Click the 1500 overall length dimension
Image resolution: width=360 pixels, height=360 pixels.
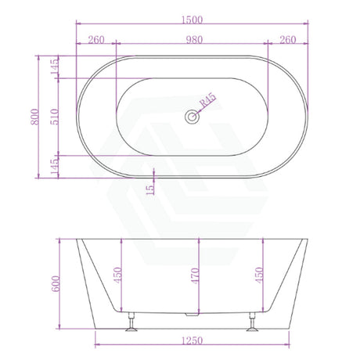tap(192, 20)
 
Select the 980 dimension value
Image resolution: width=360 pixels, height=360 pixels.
tap(194, 40)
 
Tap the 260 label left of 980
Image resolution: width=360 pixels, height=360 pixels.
tap(96, 40)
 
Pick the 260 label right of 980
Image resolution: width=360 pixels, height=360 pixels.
tap(288, 40)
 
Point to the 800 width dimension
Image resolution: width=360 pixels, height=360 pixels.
tap(35, 117)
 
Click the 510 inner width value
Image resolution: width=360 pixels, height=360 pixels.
tap(55, 117)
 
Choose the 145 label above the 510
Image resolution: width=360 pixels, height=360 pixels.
tap(55, 67)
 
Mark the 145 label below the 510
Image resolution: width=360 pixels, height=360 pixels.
tap(55, 167)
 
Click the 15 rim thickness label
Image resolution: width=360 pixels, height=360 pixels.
tap(150, 189)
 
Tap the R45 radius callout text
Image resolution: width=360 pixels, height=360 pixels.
tap(207, 99)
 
